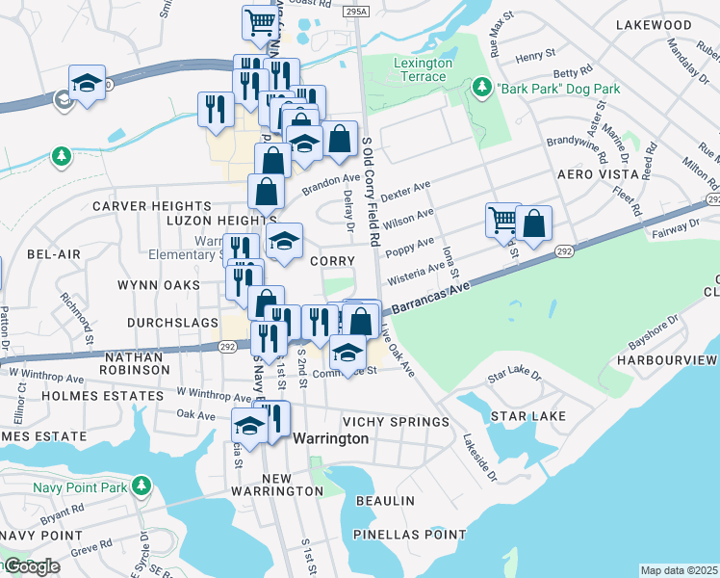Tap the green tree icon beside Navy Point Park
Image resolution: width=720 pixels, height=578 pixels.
(x=141, y=486)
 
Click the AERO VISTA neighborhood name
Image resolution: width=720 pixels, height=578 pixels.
(x=597, y=174)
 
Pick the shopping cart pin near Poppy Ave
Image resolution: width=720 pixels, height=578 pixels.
(x=502, y=221)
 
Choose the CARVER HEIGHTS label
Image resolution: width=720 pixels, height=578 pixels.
(x=151, y=206)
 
